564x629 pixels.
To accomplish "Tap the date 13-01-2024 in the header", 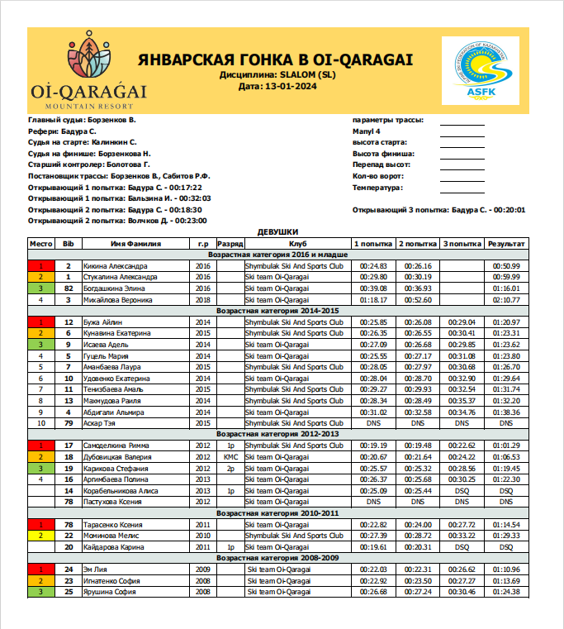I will (277, 86).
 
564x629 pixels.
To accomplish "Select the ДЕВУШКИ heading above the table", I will (277, 232).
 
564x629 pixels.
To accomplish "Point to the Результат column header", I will (505, 244).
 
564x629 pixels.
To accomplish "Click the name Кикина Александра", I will (116, 266).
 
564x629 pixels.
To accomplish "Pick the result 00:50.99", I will (505, 266).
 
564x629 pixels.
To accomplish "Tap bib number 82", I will (69, 288).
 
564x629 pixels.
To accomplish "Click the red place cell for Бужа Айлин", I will (40, 322).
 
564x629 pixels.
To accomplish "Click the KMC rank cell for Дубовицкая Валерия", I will (230, 456).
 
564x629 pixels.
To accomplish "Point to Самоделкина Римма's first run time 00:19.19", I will (373, 445).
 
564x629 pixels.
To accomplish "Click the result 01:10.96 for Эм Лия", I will (505, 569).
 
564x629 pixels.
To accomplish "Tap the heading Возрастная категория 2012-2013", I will (277, 433).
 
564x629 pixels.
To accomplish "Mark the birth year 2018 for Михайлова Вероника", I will (203, 299).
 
